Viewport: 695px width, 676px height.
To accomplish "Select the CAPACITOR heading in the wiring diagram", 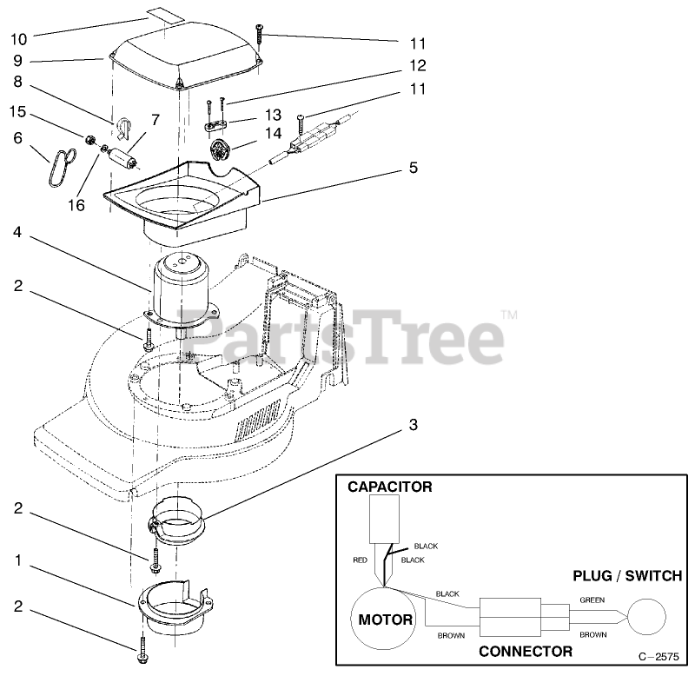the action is coord(390,487).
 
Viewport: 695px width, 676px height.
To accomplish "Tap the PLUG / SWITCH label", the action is coord(626,575).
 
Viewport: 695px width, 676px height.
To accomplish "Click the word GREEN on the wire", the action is coord(593,599).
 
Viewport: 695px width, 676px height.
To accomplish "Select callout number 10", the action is coord(19,38).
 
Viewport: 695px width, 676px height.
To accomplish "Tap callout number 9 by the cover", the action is coord(19,61).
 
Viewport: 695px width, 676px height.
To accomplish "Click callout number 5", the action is coord(413,167).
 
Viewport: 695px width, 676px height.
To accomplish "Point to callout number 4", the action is coord(19,232).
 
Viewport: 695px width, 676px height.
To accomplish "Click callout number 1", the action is coord(19,561).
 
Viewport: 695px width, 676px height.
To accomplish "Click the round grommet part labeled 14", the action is coord(223,149).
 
